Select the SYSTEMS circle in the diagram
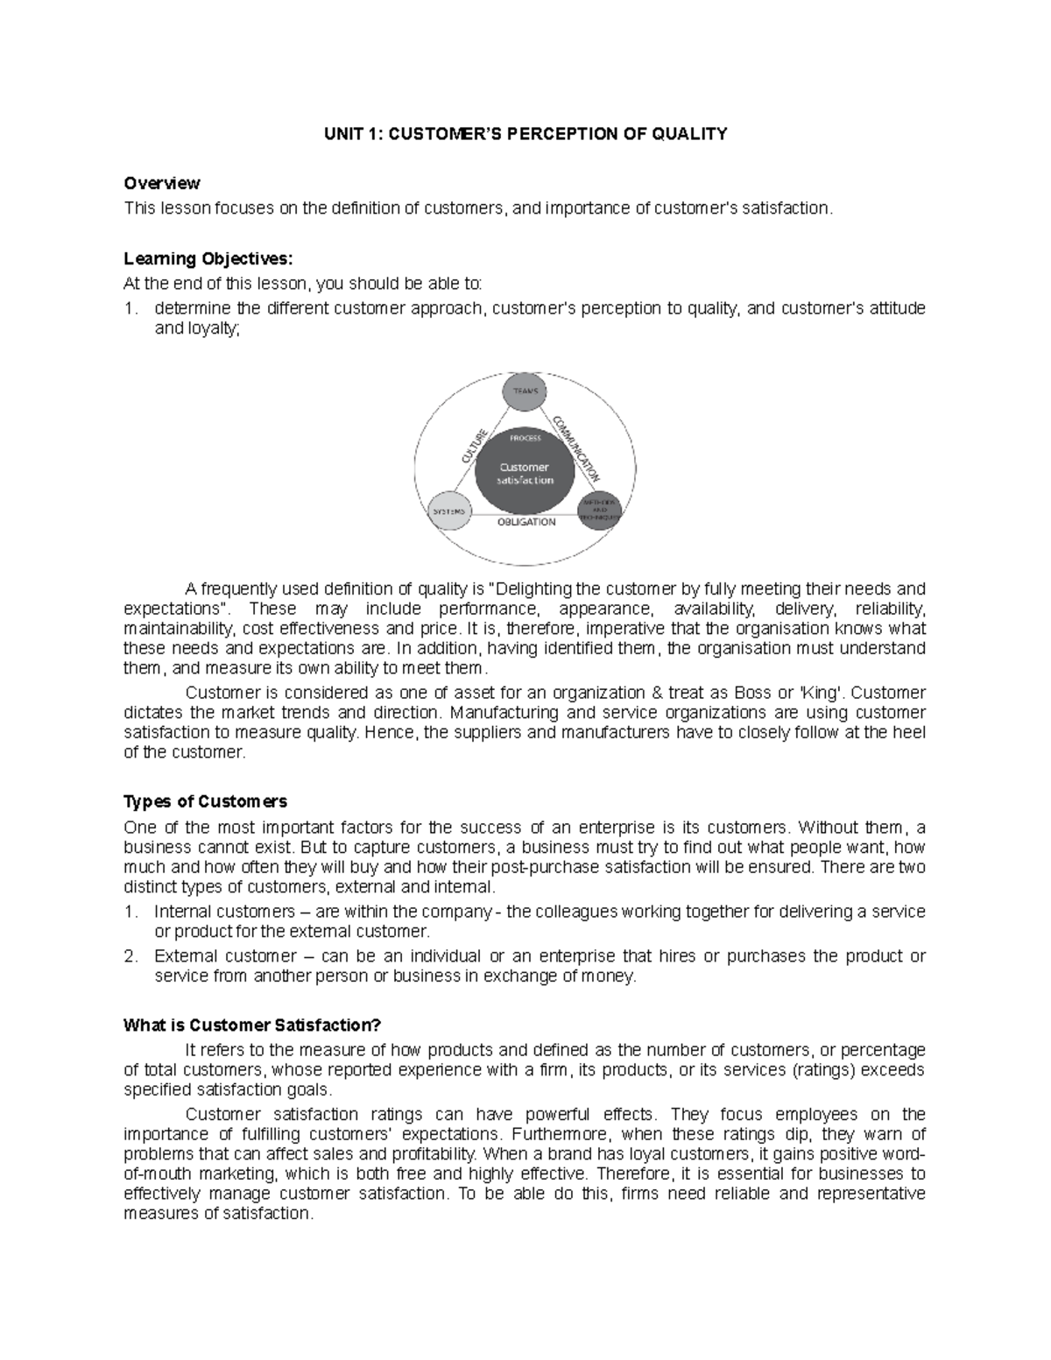pos(448,510)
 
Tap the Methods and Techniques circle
pos(600,510)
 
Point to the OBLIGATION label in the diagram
pos(525,522)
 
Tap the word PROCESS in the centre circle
pos(525,438)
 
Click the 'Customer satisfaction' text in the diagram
pos(525,473)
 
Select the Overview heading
pos(162,183)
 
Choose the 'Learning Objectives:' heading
pos(205,259)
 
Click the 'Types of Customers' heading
pos(205,801)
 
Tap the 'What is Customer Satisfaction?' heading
pos(253,1025)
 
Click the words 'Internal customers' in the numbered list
pos(224,912)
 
